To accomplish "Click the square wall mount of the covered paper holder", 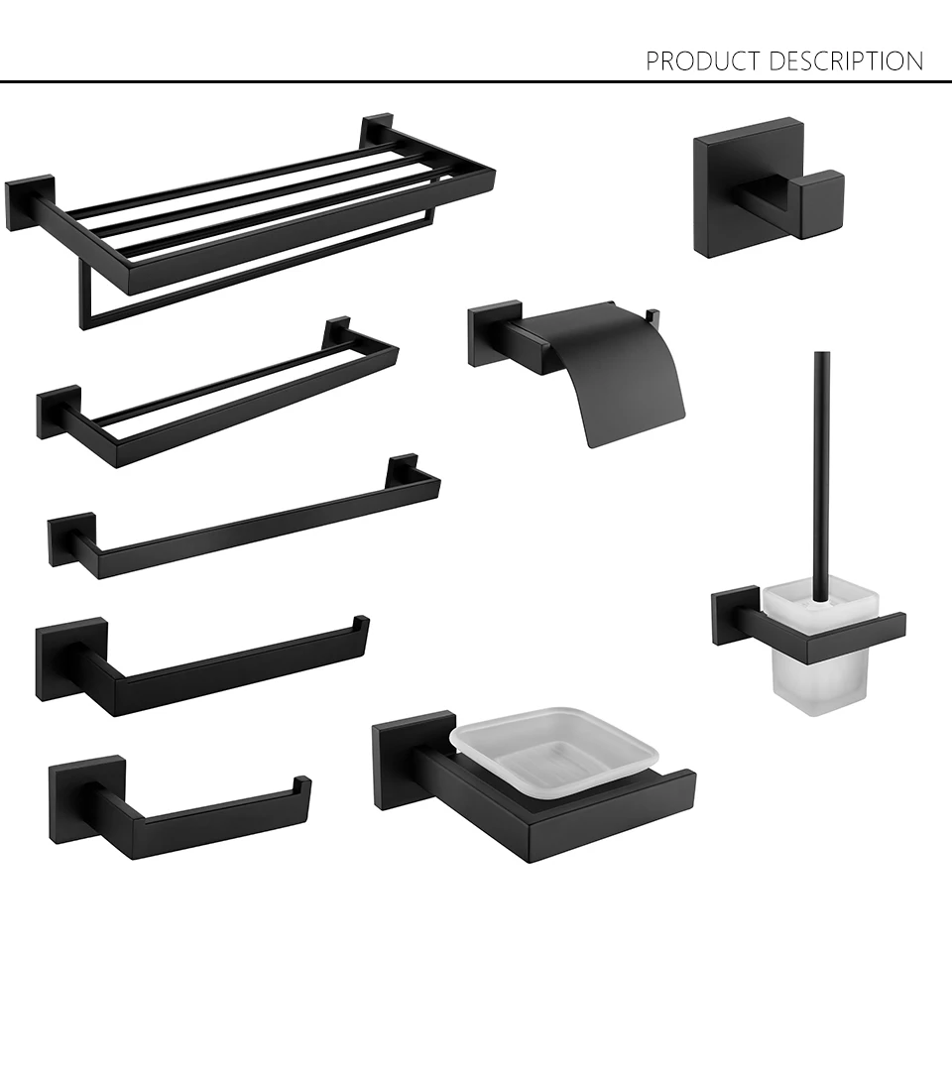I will point(494,333).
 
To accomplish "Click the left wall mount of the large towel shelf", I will point(28,203).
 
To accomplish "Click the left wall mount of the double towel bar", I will point(58,412).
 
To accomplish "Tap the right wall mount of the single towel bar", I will point(404,469).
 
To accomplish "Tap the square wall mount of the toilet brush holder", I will point(735,615).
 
